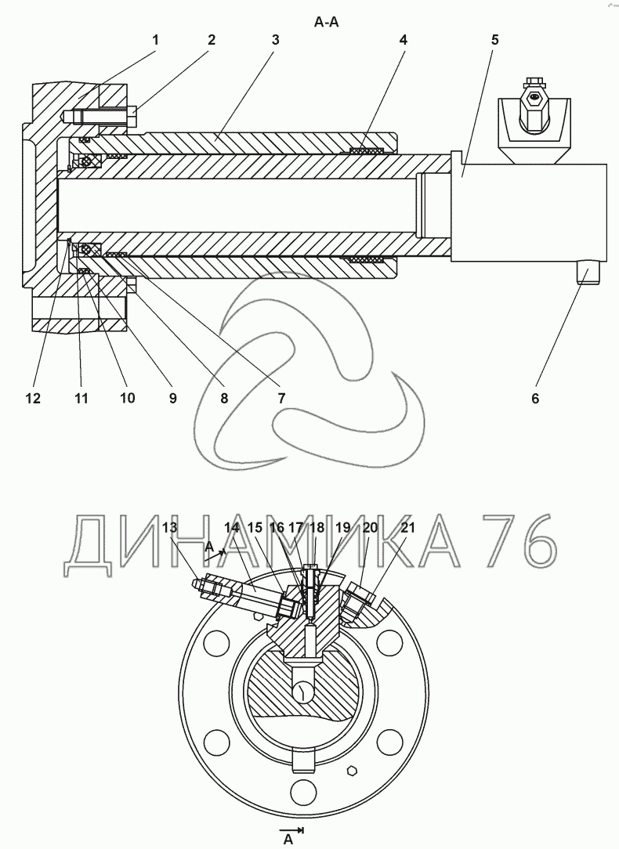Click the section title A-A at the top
(x=326, y=22)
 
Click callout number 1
(x=155, y=39)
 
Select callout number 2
(x=212, y=39)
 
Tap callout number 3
(x=275, y=39)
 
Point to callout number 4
(x=403, y=39)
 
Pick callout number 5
(x=495, y=39)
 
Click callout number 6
(x=535, y=399)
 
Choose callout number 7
(x=281, y=399)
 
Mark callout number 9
(x=172, y=399)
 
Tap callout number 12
(x=33, y=399)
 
